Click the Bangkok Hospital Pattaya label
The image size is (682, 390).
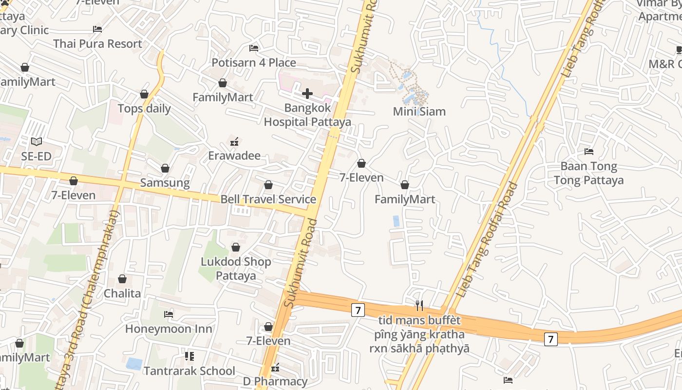pyautogui.click(x=307, y=115)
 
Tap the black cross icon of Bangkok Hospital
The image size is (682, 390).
pyautogui.click(x=307, y=93)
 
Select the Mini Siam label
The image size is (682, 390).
pyautogui.click(x=419, y=112)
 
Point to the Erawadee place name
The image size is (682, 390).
pyautogui.click(x=234, y=156)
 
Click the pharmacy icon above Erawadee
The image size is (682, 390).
pyautogui.click(x=234, y=142)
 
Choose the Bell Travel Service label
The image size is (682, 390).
pyautogui.click(x=268, y=199)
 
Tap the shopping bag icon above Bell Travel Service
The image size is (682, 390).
pyautogui.click(x=268, y=185)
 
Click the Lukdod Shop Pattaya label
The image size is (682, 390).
pyautogui.click(x=236, y=269)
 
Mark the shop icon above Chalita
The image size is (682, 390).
pyautogui.click(x=122, y=279)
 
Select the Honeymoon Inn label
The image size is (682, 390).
pyautogui.click(x=169, y=329)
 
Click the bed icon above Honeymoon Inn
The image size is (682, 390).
pyautogui.click(x=169, y=314)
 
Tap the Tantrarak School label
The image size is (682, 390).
pyautogui.click(x=189, y=371)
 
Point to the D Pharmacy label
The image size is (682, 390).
pyautogui.click(x=275, y=381)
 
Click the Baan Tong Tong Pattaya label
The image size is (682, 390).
pyautogui.click(x=588, y=173)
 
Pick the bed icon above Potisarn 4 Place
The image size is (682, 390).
pyautogui.click(x=254, y=48)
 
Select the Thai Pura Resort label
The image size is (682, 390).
pyautogui.click(x=97, y=44)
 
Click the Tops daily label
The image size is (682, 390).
pyautogui.click(x=144, y=108)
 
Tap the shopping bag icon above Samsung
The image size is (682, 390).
pyautogui.click(x=165, y=168)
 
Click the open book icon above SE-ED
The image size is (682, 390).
pyautogui.click(x=37, y=142)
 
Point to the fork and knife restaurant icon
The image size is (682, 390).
pyautogui.click(x=419, y=305)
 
